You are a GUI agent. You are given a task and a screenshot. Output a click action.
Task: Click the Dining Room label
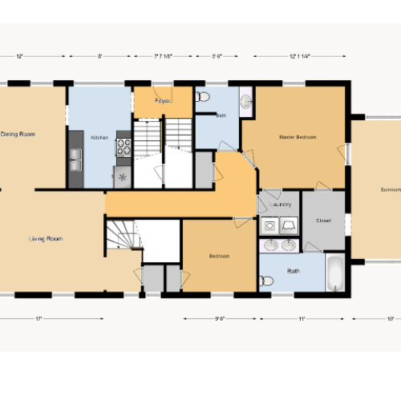[18, 134]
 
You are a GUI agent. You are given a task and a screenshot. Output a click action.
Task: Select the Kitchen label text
[99, 138]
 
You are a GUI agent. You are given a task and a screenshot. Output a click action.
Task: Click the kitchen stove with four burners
[124, 147]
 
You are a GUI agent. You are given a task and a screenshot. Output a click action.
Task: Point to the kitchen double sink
[75, 158]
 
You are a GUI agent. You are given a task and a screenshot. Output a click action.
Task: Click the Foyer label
[163, 101]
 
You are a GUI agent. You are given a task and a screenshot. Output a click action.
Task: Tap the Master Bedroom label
[298, 137]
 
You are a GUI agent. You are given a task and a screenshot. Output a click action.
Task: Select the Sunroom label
[391, 190]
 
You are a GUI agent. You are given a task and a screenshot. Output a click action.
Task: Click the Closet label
[323, 220]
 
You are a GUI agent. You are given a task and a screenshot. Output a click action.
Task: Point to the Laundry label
[280, 205]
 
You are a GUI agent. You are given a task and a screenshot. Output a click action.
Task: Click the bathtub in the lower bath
[335, 273]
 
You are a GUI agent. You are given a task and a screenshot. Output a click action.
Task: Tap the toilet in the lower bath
[267, 281]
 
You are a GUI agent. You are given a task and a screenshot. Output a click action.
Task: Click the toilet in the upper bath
[202, 98]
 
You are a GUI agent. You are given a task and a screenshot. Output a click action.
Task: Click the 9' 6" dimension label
[219, 318]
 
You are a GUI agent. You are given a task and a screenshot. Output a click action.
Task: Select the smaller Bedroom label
[220, 256]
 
